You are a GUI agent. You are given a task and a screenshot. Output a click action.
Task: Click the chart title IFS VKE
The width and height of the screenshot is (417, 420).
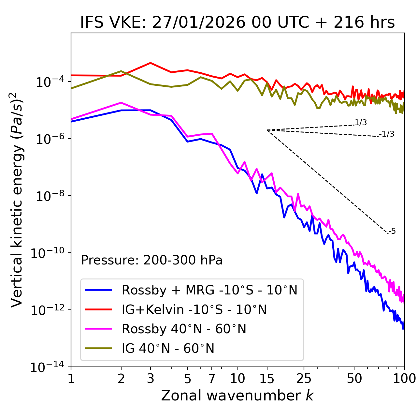tap(237, 22)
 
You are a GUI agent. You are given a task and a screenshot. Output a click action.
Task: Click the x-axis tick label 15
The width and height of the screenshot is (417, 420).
tap(267, 379)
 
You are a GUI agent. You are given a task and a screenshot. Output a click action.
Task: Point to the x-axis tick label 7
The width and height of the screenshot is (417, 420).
tap(212, 379)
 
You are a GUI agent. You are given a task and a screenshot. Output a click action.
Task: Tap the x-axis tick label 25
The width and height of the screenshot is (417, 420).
tap(304, 379)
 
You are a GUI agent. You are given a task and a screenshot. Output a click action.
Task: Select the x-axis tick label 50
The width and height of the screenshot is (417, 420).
tap(354, 379)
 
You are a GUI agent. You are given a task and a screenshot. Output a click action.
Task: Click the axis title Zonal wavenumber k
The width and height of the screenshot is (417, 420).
tap(237, 396)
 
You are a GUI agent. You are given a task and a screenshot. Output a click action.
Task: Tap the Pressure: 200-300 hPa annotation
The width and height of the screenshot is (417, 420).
tap(151, 260)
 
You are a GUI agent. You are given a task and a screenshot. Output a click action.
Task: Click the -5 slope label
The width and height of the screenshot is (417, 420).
tap(392, 232)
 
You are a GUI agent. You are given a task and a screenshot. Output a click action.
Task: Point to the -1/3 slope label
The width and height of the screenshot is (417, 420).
tap(387, 134)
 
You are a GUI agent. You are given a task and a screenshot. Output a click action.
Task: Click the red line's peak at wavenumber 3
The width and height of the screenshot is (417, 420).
tap(150, 63)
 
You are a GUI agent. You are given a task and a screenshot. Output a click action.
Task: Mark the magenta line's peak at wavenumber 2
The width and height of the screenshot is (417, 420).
tap(121, 103)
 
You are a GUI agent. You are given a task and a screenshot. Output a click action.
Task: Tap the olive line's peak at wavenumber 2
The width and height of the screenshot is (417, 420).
tap(121, 71)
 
